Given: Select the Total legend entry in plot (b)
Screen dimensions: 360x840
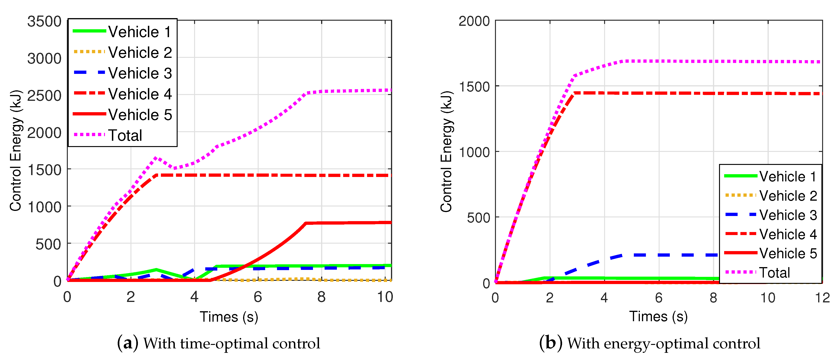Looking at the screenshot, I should [774, 273].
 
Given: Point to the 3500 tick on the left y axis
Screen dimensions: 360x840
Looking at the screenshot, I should [44, 22].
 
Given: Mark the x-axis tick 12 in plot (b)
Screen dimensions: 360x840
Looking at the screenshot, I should [822, 298].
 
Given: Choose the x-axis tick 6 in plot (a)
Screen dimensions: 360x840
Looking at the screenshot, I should [258, 297].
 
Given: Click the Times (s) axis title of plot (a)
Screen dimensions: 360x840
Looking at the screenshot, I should [229, 317].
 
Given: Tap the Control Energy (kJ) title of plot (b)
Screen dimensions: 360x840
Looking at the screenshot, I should [446, 152].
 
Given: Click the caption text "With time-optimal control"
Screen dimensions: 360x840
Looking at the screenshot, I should [231, 343].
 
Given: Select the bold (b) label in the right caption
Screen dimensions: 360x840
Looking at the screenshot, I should [551, 343].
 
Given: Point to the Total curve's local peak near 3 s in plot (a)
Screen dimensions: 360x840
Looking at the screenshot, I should [156, 157].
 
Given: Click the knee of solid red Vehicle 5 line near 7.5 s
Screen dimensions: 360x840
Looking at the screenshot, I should [306, 223].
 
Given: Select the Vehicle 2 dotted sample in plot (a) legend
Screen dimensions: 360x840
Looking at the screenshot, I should [89, 52].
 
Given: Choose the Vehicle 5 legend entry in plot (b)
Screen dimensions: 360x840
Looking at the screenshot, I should [788, 253].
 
